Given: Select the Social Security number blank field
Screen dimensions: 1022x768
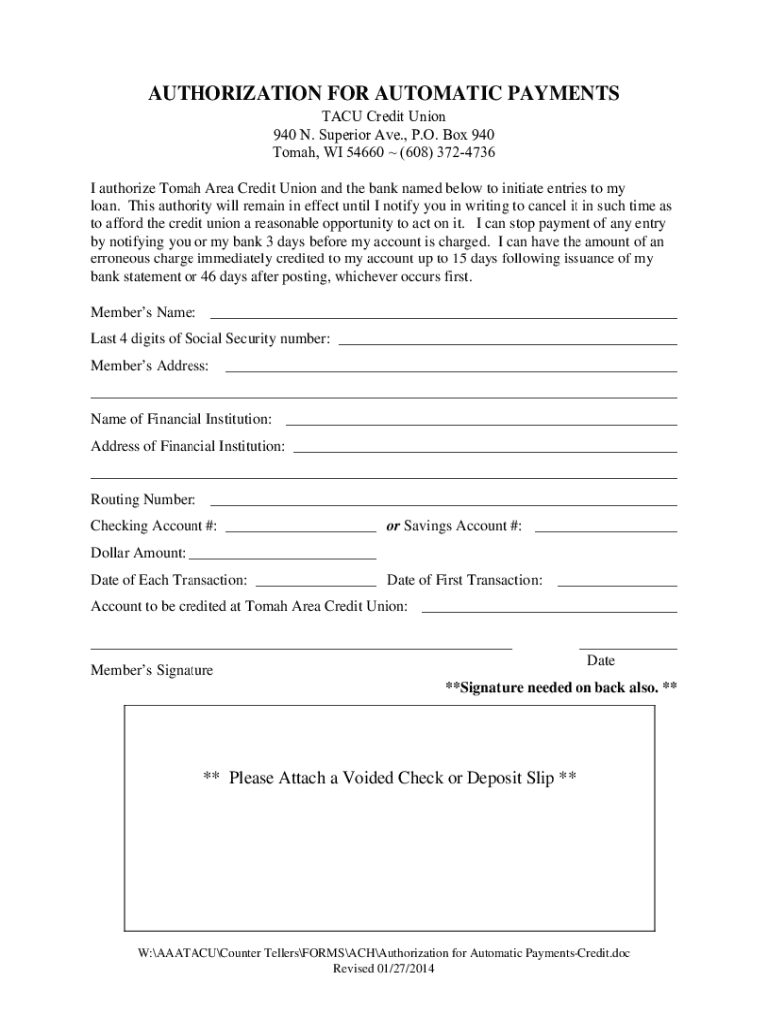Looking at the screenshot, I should (509, 343).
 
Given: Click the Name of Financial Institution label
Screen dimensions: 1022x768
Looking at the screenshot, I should (181, 419).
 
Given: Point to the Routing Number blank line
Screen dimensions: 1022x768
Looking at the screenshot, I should (444, 504).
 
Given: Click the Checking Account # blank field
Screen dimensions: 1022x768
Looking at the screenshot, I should (301, 531).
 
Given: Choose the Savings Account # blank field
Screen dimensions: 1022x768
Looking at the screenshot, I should (605, 531).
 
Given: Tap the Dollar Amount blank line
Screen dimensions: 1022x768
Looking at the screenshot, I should (282, 558).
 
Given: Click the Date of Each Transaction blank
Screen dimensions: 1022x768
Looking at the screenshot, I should (316, 585).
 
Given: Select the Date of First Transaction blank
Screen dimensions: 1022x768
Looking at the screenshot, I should (616, 585).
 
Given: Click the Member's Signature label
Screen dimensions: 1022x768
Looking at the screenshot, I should (152, 670).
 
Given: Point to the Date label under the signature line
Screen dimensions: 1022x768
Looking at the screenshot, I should (601, 661).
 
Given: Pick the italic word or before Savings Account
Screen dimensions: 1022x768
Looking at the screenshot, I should (393, 526).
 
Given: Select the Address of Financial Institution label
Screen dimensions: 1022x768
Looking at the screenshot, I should (188, 446).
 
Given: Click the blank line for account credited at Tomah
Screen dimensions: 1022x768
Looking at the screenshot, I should (550, 611).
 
